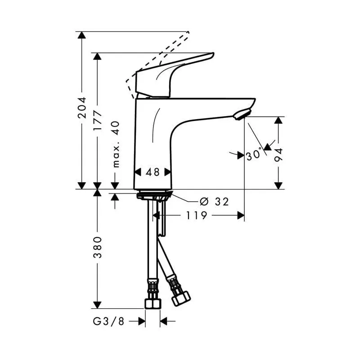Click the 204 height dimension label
coord(81,108)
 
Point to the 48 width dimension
coord(153,171)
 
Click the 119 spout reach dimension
coord(197,216)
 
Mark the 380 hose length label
coord(97,247)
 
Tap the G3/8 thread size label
coord(108,321)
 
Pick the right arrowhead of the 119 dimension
coord(241,216)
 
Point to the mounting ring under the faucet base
coord(153,195)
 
